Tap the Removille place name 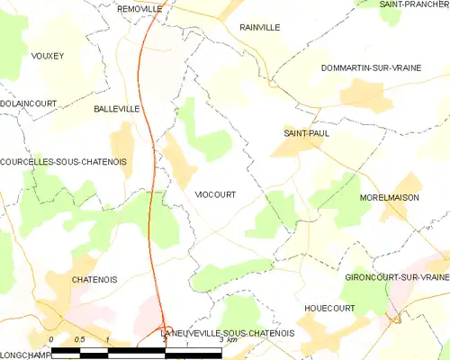pyautogui.click(x=139, y=8)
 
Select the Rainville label pyautogui.click(x=260, y=28)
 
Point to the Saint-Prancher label pyautogui.click(x=414, y=4)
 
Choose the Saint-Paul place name pyautogui.click(x=304, y=134)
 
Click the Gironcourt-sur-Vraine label pyautogui.click(x=396, y=278)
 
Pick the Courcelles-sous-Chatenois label pyautogui.click(x=63, y=162)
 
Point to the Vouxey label pyautogui.click(x=48, y=56)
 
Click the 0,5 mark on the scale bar pyautogui.click(x=79, y=339)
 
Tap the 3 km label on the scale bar pyautogui.click(x=228, y=339)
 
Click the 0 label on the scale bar pyautogui.click(x=51, y=339)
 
